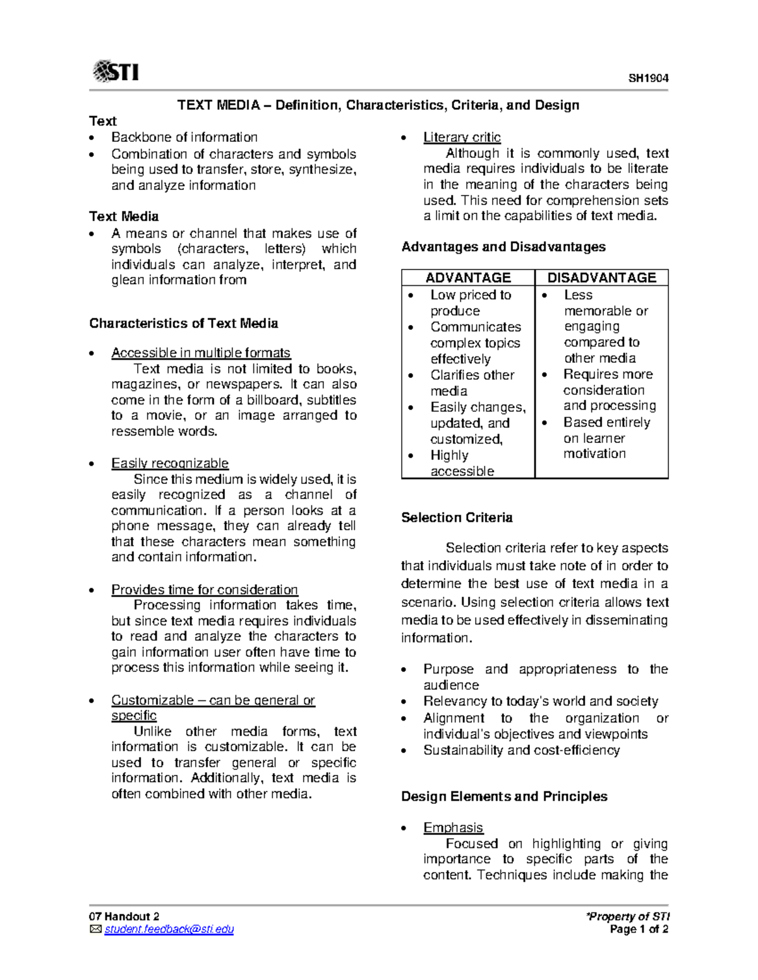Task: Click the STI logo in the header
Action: point(116,71)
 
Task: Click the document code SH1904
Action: point(648,78)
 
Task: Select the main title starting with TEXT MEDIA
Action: point(378,105)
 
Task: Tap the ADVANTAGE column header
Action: point(468,278)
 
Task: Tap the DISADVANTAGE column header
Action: point(601,278)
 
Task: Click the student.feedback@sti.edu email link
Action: point(169,929)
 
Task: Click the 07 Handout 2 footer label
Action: point(124,916)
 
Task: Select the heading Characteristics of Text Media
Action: point(184,323)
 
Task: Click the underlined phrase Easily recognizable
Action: point(170,463)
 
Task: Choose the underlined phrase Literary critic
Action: point(462,137)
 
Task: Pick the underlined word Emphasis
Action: point(453,827)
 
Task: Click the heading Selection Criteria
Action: point(457,517)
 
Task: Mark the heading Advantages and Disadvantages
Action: point(503,247)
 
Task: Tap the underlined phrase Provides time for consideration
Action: point(205,589)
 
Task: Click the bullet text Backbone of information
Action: point(184,137)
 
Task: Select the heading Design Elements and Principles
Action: point(504,796)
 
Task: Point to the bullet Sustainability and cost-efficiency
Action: point(522,750)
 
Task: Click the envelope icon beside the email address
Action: point(95,929)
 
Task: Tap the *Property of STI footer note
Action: point(627,916)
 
